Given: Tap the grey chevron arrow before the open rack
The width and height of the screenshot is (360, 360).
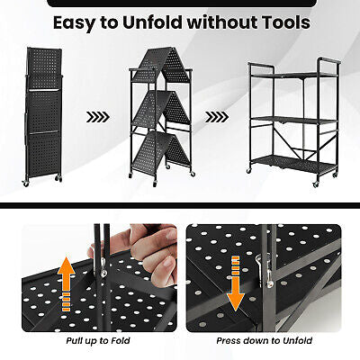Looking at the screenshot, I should click(215, 115).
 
